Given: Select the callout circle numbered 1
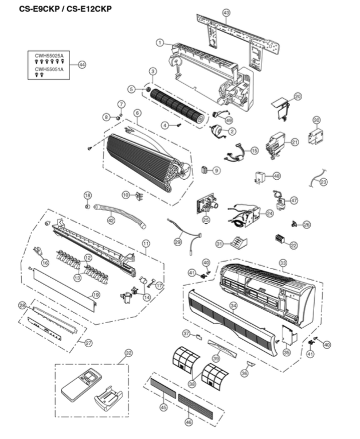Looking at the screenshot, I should coord(160,42).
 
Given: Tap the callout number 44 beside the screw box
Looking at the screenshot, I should coord(81,65).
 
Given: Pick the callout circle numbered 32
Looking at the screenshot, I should coord(128,353).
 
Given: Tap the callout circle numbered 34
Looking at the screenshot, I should coord(233,305).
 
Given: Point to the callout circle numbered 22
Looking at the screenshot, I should coord(294,245).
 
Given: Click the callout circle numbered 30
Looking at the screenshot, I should coord(316,120).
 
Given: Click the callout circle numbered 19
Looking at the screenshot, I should coord(96,294).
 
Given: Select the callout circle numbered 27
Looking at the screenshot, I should coord(88,343).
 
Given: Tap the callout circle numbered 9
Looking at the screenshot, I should coord(216,170).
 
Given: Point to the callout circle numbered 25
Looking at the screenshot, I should coord(206,219).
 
